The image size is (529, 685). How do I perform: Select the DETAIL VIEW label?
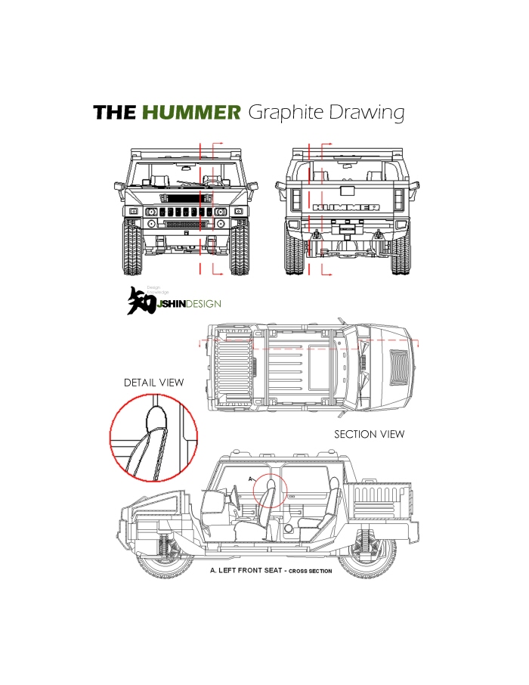(153, 383)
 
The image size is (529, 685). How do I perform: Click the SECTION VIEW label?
(369, 434)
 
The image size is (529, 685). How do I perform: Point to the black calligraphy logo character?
(141, 300)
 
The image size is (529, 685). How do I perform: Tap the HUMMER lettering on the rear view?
(346, 206)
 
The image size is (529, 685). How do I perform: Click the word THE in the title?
(115, 113)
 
